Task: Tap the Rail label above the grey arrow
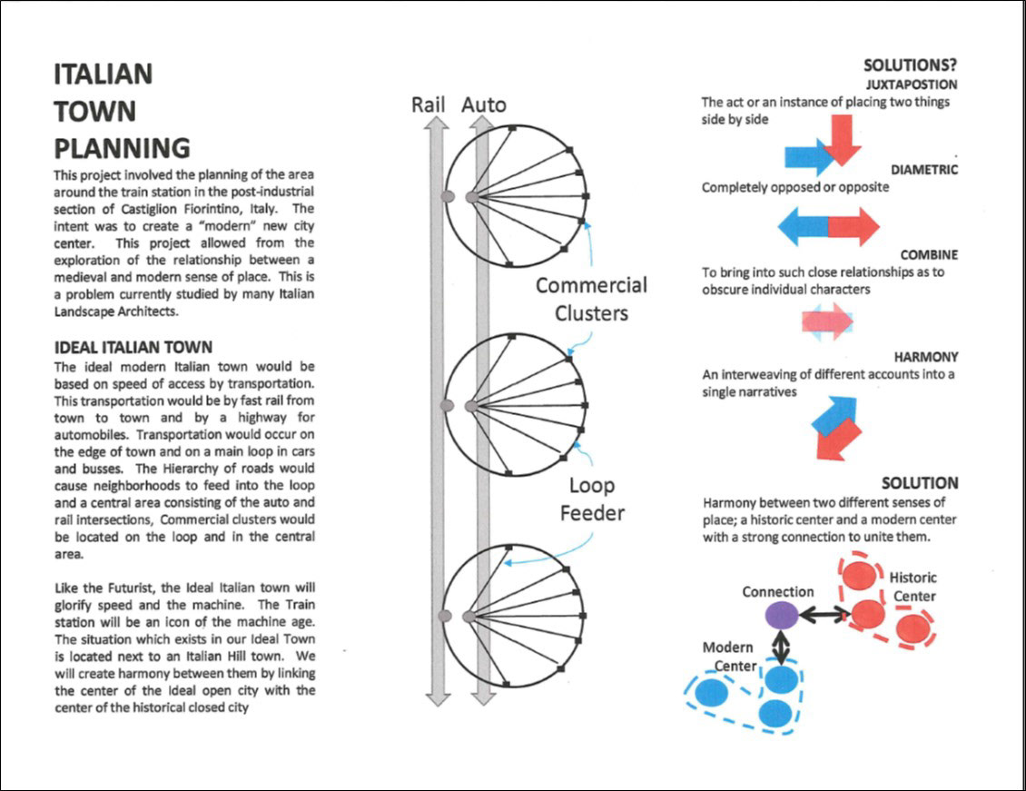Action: [429, 104]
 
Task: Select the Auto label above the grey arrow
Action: [484, 104]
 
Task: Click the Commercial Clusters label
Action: [591, 299]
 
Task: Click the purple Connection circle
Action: [781, 615]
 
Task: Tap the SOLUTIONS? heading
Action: [910, 65]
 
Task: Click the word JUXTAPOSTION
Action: [913, 84]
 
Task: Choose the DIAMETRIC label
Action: [923, 170]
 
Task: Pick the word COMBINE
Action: [929, 255]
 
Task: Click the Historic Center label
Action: [913, 587]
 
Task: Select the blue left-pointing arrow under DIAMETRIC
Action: [802, 226]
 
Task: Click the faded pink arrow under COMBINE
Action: [826, 321]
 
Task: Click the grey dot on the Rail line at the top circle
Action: [447, 196]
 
